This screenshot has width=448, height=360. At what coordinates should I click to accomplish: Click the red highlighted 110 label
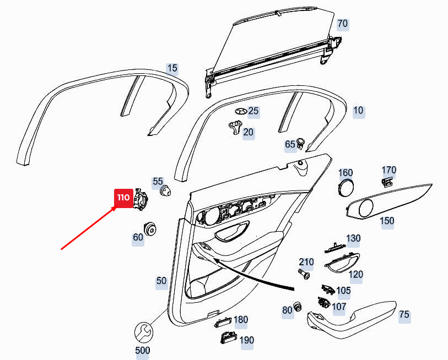point(124,198)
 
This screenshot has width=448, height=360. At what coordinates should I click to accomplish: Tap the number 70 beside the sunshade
point(343,24)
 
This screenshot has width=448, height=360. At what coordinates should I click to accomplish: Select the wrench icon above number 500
point(144,332)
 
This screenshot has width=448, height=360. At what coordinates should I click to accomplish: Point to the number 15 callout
point(172,68)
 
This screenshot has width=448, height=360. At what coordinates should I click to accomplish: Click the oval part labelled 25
point(241,111)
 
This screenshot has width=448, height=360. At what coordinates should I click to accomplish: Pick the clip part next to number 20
point(235,127)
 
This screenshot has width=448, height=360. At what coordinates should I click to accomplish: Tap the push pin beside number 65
point(300,143)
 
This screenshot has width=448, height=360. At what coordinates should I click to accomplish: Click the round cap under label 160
point(346,188)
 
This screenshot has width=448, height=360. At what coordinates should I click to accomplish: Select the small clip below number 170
point(387,182)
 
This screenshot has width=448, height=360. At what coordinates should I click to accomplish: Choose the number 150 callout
point(387,221)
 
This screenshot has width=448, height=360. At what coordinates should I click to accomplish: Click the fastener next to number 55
point(166,190)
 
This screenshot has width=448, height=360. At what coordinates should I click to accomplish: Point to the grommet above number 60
point(149,228)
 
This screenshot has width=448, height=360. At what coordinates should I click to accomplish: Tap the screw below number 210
point(304,274)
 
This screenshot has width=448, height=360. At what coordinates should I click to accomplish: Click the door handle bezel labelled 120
point(342,263)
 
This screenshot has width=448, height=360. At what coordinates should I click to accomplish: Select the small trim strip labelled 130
point(336,248)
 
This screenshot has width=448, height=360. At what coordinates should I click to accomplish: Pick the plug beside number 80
point(298,307)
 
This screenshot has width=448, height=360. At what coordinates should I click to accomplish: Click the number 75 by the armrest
point(404,315)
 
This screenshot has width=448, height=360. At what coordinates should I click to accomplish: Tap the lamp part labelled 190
point(228,337)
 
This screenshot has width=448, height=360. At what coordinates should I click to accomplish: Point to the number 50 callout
point(161,281)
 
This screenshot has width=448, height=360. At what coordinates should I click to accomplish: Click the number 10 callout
point(359,111)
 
